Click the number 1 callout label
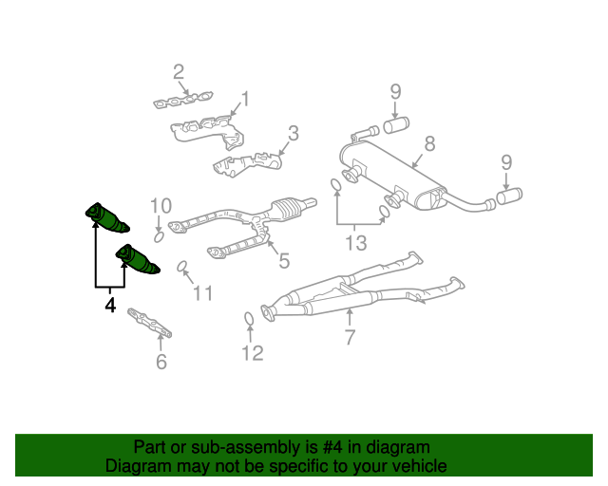point(245,98)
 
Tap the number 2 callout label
point(178,71)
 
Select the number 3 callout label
point(294,133)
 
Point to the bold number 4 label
point(110,306)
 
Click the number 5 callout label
point(283,258)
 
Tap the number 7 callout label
point(350,337)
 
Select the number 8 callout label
point(429,143)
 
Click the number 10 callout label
point(160,205)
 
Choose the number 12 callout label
point(251,353)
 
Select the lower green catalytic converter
point(137,259)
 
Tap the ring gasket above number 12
point(249,318)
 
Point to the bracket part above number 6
point(152,323)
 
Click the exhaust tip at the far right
point(509,196)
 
